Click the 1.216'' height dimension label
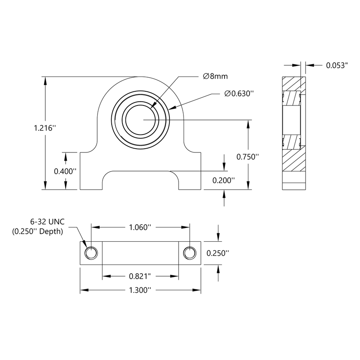pos(45,128)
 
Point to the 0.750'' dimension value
pos(247,157)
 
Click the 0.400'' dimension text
pos(66,171)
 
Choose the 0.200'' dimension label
pos(223,180)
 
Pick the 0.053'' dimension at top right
pos(336,65)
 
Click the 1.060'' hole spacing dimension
pos(140,227)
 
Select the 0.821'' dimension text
pos(140,276)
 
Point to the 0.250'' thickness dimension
pos(218,253)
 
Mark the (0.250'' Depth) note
pos(38,232)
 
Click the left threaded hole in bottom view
pos(91,253)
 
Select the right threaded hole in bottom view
pos(190,253)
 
